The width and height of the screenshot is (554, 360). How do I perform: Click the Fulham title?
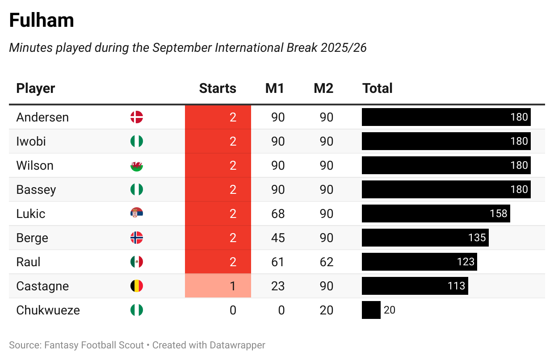(x=42, y=21)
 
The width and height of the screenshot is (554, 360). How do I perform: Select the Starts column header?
(x=218, y=88)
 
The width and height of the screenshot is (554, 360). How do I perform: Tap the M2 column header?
(x=323, y=88)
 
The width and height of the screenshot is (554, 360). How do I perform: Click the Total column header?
(x=378, y=88)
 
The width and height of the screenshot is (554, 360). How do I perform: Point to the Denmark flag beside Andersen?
(x=136, y=117)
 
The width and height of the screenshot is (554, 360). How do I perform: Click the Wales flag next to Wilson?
(x=136, y=166)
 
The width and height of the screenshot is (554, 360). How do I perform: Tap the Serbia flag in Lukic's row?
(x=136, y=214)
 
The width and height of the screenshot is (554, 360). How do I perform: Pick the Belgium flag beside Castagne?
(x=136, y=286)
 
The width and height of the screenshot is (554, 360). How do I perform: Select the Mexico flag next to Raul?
(x=136, y=262)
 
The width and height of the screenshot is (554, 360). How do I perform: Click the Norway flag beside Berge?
(x=136, y=238)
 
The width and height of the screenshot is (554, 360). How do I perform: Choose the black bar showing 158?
(x=436, y=213)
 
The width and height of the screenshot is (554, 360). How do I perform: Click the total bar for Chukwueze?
(x=371, y=310)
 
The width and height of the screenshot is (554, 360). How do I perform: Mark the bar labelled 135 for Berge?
(x=425, y=238)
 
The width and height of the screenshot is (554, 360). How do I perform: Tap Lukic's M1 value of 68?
(x=278, y=214)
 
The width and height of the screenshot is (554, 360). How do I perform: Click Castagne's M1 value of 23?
(x=278, y=286)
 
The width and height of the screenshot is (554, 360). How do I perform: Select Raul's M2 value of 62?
(x=327, y=262)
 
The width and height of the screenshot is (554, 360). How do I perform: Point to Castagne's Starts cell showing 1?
(x=218, y=286)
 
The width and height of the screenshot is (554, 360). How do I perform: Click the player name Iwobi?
(x=31, y=142)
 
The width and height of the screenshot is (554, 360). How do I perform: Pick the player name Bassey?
(x=36, y=190)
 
